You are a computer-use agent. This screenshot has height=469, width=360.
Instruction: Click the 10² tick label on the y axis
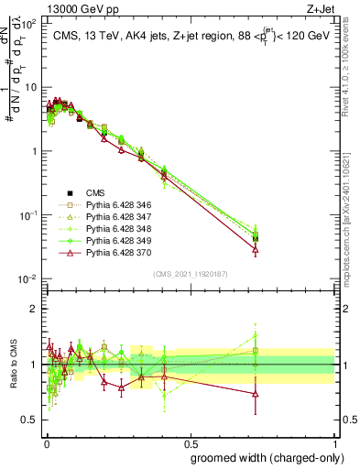click(27, 24)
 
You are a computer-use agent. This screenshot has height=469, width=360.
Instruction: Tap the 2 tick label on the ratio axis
click(33, 309)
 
